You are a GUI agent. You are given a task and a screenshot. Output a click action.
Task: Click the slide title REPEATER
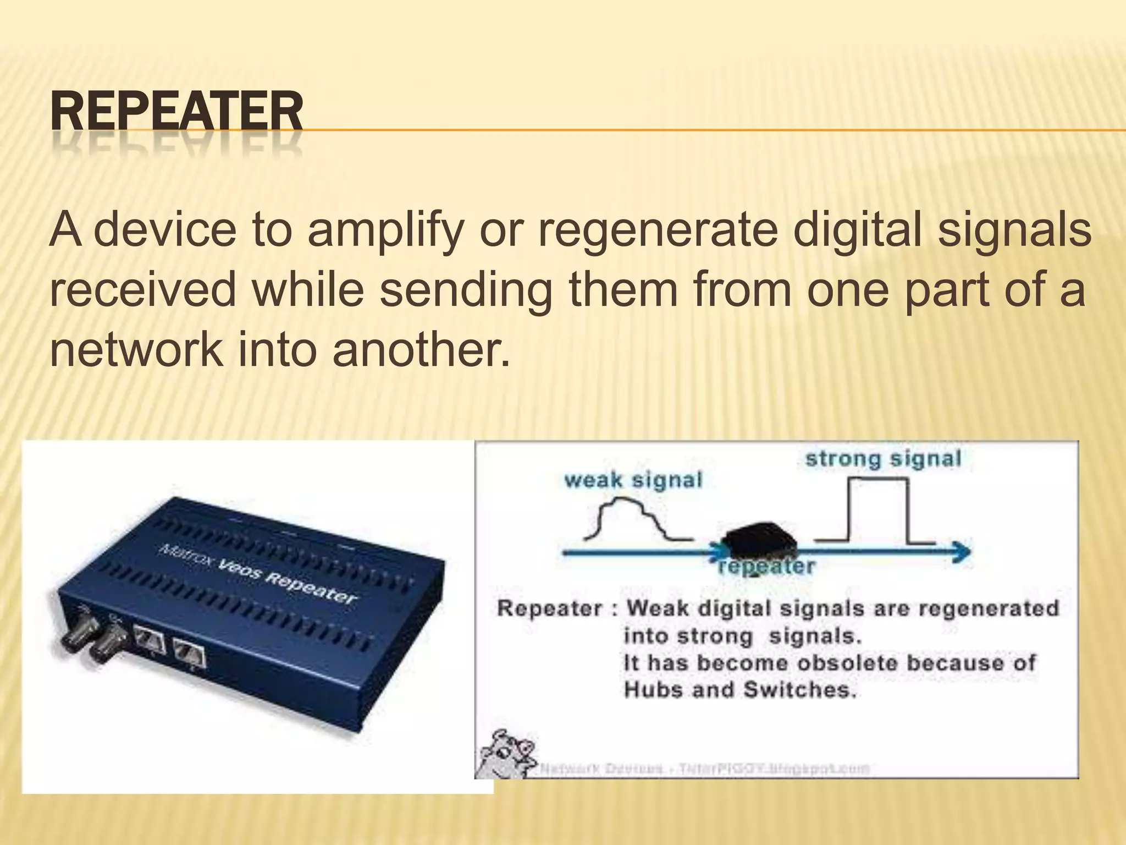coord(176,112)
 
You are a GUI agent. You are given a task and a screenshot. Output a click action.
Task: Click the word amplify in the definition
coord(384,230)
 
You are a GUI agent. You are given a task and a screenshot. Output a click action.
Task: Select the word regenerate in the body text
coord(657,230)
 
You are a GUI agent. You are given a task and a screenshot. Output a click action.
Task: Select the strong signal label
coord(883,459)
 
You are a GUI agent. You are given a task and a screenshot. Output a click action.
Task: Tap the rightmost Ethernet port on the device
coord(190,655)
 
